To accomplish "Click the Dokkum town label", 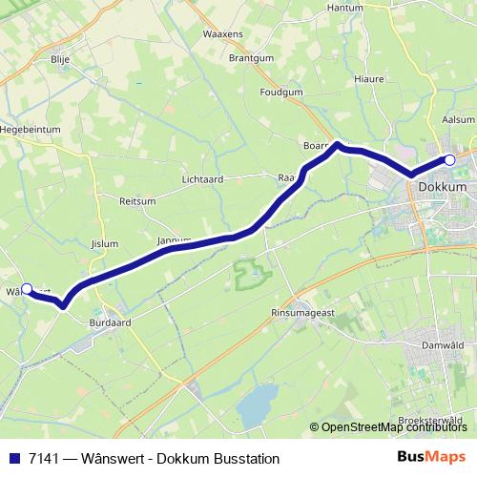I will pyautogui.click(x=442, y=188).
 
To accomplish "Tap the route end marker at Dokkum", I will pyautogui.click(x=450, y=160).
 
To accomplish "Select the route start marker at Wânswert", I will pyautogui.click(x=27, y=289).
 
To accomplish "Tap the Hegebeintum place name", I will pyautogui.click(x=31, y=128).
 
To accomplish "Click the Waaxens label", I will pyautogui.click(x=222, y=32).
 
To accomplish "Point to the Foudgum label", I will pyautogui.click(x=282, y=93).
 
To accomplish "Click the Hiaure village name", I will pyautogui.click(x=368, y=79).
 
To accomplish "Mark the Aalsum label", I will pyautogui.click(x=459, y=118).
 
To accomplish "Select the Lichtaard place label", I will pyautogui.click(x=203, y=179).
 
